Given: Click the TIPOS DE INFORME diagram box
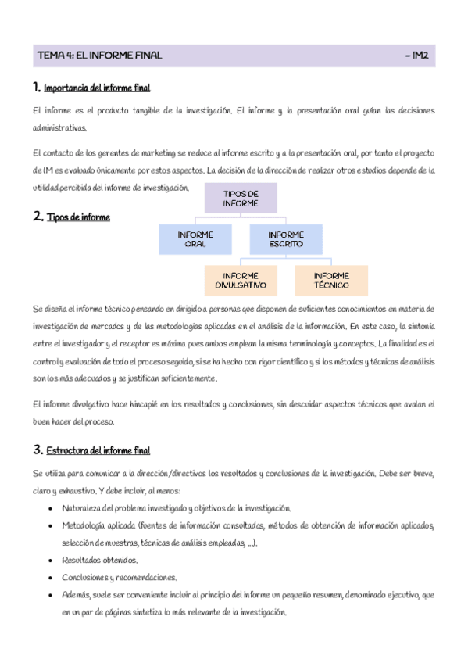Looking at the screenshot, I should (241, 198).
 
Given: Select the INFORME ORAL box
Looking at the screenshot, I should (195, 239).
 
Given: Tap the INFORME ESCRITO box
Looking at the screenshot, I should (285, 239).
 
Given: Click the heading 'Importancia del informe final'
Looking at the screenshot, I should (97, 88).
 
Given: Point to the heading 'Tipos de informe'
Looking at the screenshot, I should (78, 217).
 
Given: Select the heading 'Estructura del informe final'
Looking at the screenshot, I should (98, 450).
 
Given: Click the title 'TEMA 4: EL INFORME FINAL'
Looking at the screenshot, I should (99, 56).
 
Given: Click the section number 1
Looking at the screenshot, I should (37, 87).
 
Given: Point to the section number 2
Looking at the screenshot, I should (38, 217).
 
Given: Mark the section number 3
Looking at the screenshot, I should (38, 450).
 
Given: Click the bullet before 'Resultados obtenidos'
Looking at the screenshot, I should (51, 560).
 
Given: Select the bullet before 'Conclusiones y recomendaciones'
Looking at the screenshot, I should (51, 578).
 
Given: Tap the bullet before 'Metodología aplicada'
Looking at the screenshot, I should (51, 525).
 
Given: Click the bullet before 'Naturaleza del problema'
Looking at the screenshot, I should (51, 508).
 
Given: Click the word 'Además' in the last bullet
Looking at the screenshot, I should (75, 596).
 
